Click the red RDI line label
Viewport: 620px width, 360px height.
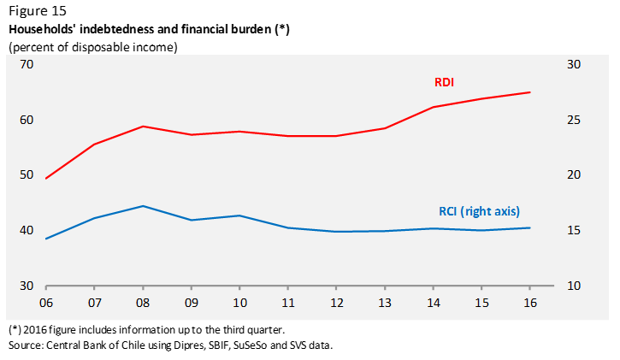(x=443, y=82)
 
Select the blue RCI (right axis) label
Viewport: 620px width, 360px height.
(x=474, y=210)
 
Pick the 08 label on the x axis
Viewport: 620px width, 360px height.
(x=143, y=302)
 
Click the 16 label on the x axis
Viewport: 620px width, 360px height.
(x=528, y=302)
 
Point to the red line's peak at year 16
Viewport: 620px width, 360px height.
(x=530, y=92)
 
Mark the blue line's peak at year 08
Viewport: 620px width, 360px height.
(x=143, y=206)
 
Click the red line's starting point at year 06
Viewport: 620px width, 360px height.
(x=47, y=178)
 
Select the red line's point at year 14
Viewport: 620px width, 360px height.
(x=433, y=107)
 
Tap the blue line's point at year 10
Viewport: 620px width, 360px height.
(x=239, y=215)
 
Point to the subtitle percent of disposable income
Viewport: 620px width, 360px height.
(x=92, y=47)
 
